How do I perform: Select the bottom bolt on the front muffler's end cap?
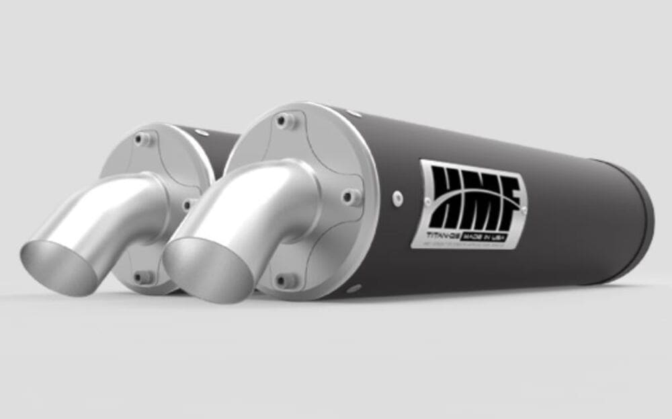coord(286,278)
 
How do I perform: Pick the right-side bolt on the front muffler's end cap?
coord(349,196)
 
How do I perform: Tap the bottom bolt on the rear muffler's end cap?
coord(142,276)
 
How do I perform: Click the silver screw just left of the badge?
coord(397,197)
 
